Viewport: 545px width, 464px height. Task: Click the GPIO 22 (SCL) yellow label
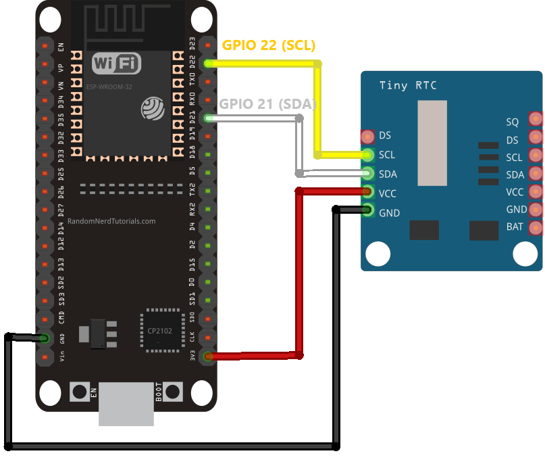[269, 46]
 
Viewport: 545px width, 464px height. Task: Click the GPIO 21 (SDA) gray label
[267, 103]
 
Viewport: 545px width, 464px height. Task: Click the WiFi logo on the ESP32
[117, 64]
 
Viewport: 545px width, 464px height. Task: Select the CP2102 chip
[162, 331]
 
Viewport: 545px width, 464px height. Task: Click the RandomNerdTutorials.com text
[111, 221]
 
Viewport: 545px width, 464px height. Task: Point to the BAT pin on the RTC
[535, 227]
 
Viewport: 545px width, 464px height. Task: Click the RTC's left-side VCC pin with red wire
[368, 192]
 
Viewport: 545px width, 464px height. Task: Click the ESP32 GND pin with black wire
[45, 338]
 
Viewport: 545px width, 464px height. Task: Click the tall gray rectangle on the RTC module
[432, 143]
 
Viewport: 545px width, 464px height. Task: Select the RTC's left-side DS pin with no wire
[368, 136]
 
